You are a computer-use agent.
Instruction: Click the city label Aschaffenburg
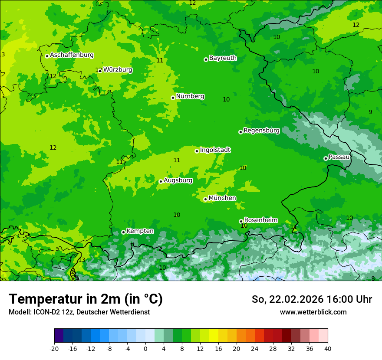72,55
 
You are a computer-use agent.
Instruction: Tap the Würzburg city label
118,69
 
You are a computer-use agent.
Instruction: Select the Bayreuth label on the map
223,58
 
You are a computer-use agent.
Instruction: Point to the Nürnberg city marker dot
173,98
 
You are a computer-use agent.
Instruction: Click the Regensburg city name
261,130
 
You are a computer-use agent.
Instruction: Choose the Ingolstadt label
215,150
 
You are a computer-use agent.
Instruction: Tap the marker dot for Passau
326,158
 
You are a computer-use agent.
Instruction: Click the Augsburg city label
178,180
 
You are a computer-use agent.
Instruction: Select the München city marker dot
205,200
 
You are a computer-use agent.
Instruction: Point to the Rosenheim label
260,220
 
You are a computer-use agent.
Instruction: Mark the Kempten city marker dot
123,232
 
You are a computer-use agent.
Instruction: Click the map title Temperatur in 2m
86,299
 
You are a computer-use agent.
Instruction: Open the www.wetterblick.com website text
313,312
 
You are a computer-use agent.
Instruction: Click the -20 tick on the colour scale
54,348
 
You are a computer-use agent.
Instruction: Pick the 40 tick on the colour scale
328,348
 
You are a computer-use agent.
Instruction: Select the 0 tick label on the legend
145,348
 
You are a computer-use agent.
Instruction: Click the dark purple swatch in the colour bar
59,336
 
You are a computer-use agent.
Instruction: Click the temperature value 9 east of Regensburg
370,112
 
